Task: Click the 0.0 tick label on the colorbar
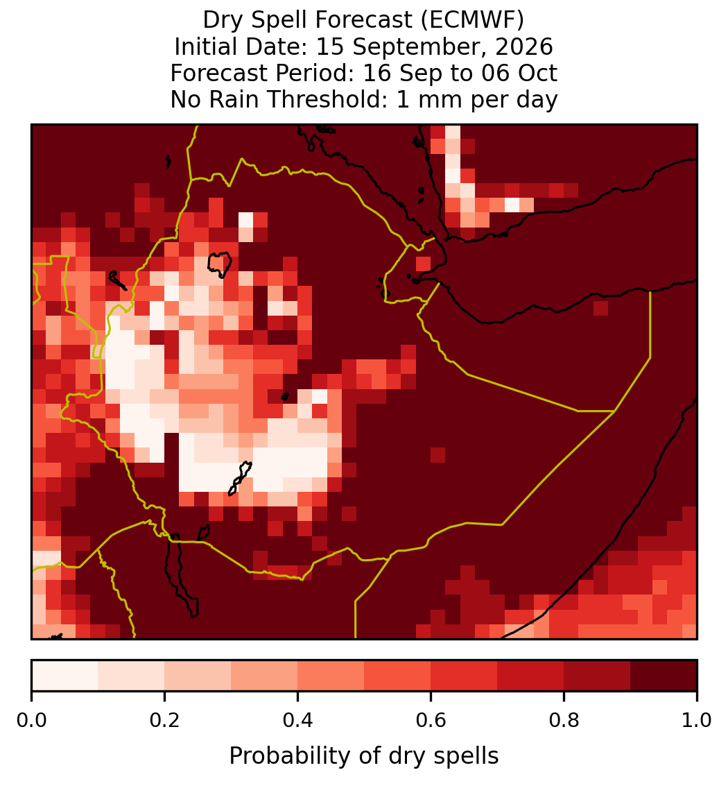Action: (x=31, y=721)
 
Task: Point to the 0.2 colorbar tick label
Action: (x=164, y=721)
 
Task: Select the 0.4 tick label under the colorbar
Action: (x=298, y=721)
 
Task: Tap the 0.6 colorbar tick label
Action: (x=431, y=721)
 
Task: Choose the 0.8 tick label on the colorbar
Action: (x=564, y=721)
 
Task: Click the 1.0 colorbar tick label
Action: (x=697, y=721)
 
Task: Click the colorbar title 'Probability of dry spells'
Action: (x=364, y=756)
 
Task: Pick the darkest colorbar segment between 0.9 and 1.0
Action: (x=664, y=676)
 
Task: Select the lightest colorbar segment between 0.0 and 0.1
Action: (x=65, y=676)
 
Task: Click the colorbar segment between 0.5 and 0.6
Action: (x=398, y=676)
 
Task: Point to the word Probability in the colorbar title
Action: (x=291, y=756)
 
